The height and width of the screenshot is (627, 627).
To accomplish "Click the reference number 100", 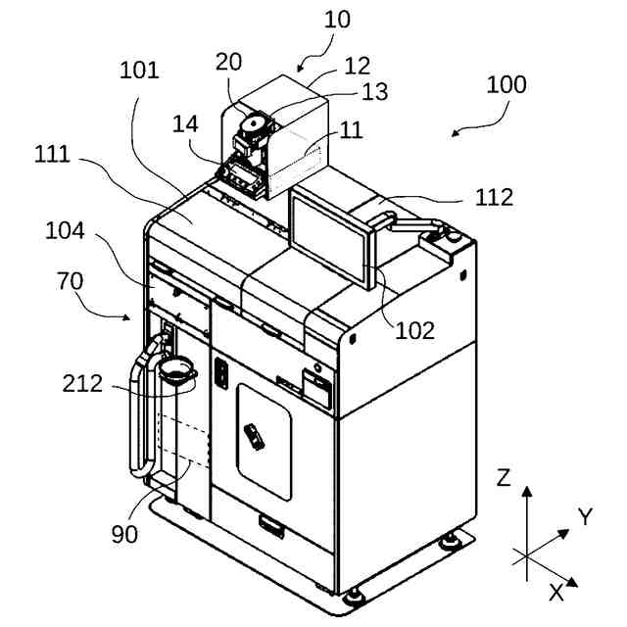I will click(506, 85).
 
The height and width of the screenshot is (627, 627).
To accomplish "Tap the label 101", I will click(140, 72).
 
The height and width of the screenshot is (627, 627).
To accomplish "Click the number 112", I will click(494, 198).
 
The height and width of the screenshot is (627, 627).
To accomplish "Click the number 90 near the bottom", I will click(123, 534).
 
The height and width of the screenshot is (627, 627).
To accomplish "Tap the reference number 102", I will click(414, 331).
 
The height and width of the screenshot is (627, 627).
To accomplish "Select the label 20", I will click(228, 61).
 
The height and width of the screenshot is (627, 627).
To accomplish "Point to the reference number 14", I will click(185, 125).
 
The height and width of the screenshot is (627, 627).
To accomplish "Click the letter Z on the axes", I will click(505, 478).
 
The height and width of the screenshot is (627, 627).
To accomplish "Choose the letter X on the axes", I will click(555, 592).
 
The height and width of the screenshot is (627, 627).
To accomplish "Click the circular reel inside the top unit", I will click(254, 125).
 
